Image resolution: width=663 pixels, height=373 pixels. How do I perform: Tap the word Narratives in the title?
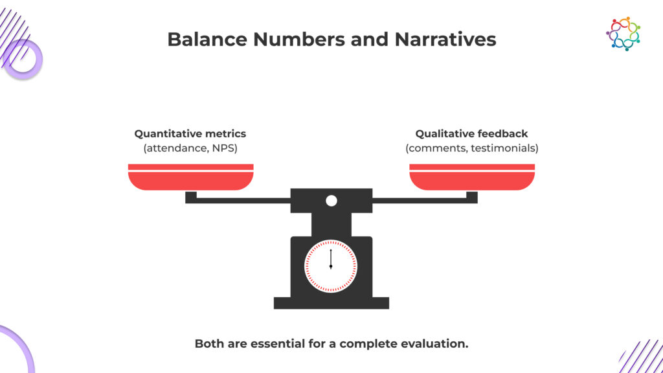click(445, 40)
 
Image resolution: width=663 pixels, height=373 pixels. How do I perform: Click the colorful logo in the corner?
click(623, 34)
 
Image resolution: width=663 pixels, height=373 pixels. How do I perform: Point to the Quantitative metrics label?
click(190, 133)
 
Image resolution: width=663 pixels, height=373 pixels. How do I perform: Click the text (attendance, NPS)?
click(190, 148)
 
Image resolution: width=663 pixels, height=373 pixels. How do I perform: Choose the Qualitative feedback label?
click(471, 133)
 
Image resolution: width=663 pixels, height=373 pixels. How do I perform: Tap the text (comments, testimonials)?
click(472, 148)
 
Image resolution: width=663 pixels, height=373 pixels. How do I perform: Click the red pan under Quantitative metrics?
click(191, 177)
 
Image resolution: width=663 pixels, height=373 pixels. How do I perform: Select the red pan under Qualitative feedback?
click(472, 177)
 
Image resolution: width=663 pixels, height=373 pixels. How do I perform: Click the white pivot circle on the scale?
click(331, 201)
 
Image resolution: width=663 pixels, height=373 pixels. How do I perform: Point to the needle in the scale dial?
click(331, 259)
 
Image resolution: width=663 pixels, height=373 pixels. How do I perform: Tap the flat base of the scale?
click(331, 303)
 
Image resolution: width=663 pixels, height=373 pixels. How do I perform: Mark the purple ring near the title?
click(24, 60)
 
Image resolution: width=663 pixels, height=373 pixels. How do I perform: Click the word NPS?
click(225, 148)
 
